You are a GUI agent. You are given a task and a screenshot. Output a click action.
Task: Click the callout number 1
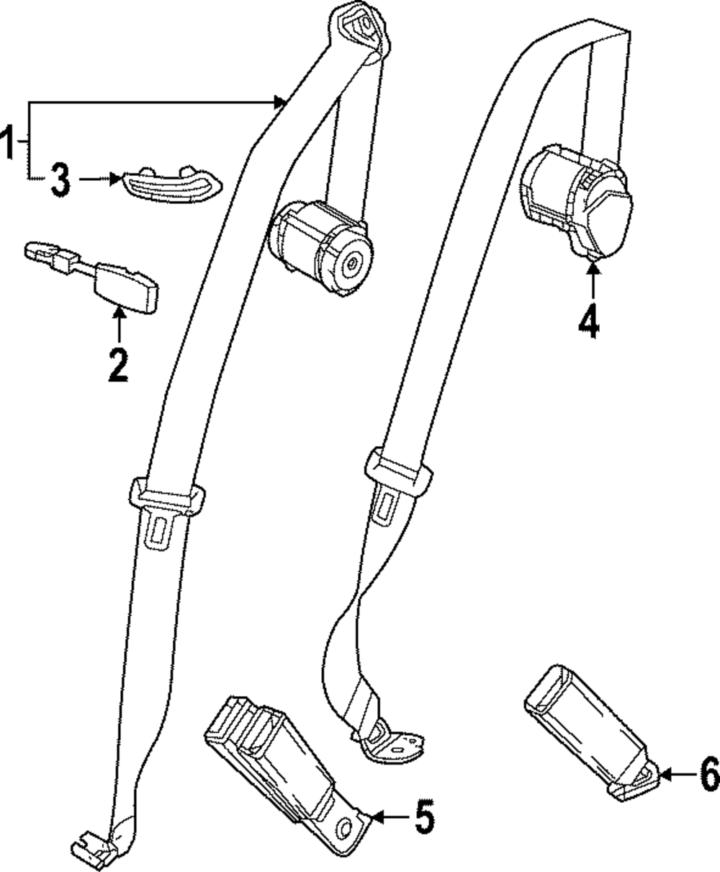point(9,141)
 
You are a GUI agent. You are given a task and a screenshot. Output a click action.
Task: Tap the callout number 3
point(60,179)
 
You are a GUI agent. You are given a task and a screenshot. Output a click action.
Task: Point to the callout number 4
point(589,321)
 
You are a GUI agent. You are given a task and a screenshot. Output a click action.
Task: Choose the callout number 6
point(708,775)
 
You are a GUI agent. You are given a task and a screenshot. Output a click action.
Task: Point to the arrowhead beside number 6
point(663,775)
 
